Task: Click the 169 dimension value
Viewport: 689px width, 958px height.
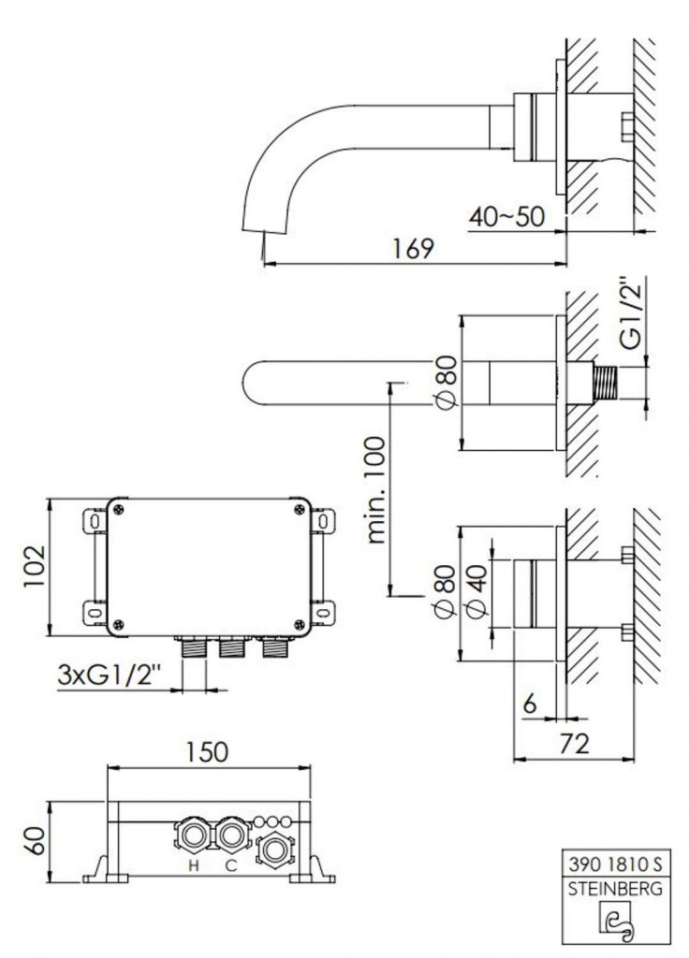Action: point(413,248)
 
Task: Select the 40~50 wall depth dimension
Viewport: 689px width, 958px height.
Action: point(506,216)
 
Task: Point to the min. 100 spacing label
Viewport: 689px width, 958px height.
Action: point(377,489)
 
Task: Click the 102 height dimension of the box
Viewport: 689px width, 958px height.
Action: point(35,566)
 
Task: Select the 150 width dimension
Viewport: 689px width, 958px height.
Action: point(208,751)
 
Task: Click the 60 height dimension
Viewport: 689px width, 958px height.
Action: point(35,841)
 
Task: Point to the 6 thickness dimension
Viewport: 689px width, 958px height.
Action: point(530,704)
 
